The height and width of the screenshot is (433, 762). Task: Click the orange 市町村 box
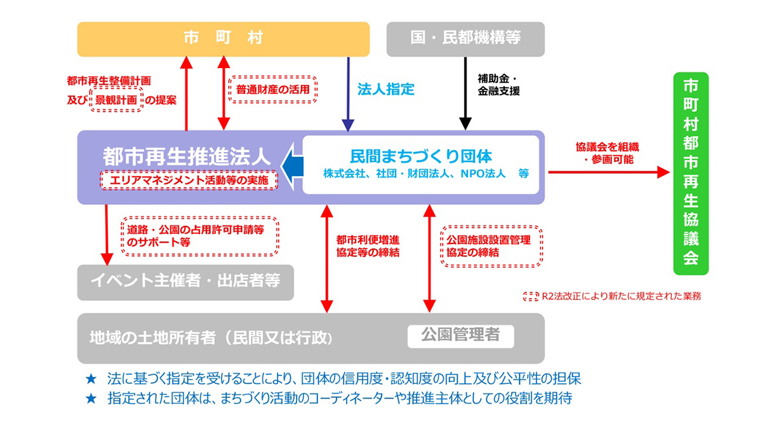(x=223, y=39)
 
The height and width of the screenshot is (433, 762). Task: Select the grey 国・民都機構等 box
(x=465, y=39)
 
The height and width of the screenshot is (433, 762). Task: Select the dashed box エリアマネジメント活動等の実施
(x=189, y=181)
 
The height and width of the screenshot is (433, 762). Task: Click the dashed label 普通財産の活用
(x=272, y=89)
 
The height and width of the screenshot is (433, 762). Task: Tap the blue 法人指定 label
(x=385, y=89)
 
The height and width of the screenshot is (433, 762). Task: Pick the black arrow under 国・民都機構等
(x=465, y=95)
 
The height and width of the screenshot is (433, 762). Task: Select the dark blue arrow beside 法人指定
(x=347, y=95)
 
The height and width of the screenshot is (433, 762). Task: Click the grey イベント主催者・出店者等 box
(x=185, y=282)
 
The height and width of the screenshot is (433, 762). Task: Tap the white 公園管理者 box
(x=460, y=335)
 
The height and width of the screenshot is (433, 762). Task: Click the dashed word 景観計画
(x=116, y=100)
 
